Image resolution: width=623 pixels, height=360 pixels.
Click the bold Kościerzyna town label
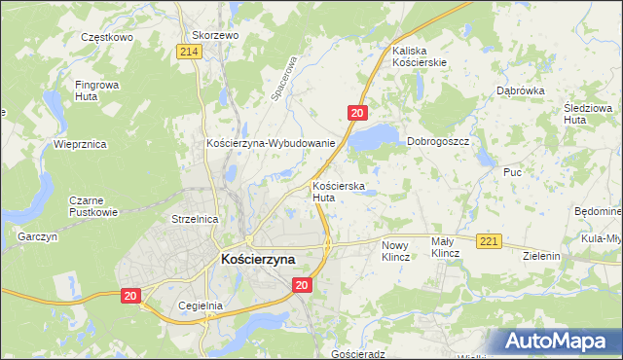tap(258, 260)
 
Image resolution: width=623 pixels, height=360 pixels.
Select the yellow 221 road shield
tap(489, 241)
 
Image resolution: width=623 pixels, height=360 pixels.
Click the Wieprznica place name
tap(80, 144)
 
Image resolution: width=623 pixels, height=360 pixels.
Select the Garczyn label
tap(38, 236)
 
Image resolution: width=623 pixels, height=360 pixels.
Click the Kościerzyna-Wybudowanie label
tap(271, 143)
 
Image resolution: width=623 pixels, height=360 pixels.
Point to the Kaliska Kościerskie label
tap(419, 55)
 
